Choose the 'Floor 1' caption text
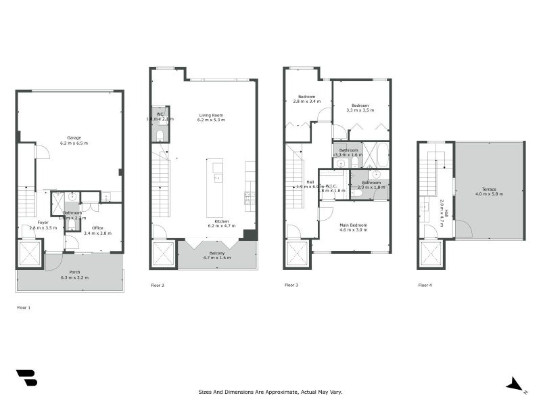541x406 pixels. click(x=24, y=307)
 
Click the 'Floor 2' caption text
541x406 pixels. click(x=158, y=286)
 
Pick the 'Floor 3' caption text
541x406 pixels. click(x=291, y=286)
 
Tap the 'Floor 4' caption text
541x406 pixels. click(x=425, y=286)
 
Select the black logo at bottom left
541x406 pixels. click(x=26, y=378)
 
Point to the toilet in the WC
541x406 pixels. click(x=160, y=135)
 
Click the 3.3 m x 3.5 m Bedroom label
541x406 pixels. click(x=359, y=107)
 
